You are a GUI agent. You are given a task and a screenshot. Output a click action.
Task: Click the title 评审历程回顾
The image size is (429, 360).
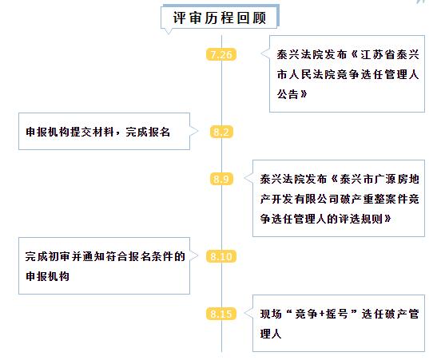pos(220,18)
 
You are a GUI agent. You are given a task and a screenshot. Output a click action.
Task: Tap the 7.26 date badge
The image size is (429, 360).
pos(221,54)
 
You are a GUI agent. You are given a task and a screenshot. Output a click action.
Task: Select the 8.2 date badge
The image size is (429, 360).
pos(221,132)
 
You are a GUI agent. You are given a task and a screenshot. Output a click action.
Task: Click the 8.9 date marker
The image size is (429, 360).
pos(221,179)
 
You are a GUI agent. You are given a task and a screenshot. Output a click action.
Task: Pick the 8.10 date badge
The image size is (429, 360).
pos(221,256)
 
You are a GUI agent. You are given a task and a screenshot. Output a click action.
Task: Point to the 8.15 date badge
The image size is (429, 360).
pos(221,314)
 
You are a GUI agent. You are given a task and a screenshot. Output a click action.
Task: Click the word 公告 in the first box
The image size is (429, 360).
pos(288,94)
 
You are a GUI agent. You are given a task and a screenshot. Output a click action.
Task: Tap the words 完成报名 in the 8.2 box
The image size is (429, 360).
pos(148,132)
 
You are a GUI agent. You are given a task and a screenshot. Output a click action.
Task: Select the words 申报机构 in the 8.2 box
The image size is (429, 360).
pos(48,132)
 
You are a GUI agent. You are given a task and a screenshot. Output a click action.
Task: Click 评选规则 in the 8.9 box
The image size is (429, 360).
pos(360,219)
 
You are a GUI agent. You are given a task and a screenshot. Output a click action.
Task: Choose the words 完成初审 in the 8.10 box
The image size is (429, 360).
pos(48,256)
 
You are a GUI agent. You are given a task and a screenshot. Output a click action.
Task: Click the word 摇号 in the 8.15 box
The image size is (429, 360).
pos(337,314)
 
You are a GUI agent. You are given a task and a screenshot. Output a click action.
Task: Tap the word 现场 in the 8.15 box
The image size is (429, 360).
pos(271,314)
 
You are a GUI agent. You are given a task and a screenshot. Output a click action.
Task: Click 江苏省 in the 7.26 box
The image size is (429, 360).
pos(378,54)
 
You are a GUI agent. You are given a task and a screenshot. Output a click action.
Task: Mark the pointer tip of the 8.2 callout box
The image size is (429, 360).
pos(198,132)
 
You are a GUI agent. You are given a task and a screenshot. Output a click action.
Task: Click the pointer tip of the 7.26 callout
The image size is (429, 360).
pos(261,53)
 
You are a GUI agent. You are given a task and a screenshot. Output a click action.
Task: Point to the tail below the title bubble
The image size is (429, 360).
pos(169,34)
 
